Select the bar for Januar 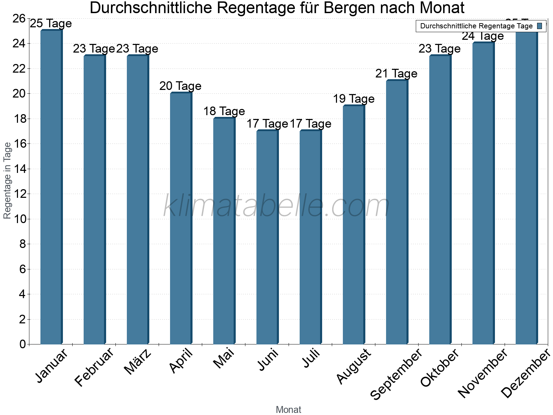tap(51, 187)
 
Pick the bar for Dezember tap(526, 187)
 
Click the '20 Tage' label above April tap(180, 86)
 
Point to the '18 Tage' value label tap(224, 111)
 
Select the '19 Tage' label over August tap(354, 99)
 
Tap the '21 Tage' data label tap(396, 73)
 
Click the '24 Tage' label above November tap(483, 36)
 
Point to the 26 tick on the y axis tap(19, 18)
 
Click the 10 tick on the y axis tap(19, 219)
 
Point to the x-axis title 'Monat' tap(289, 409)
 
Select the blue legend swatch tap(540, 26)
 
